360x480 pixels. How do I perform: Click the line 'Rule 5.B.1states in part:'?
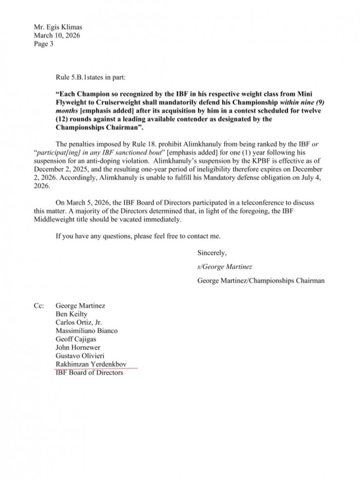(93, 75)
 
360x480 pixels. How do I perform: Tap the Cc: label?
(38, 306)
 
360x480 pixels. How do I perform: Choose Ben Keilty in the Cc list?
(72, 314)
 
